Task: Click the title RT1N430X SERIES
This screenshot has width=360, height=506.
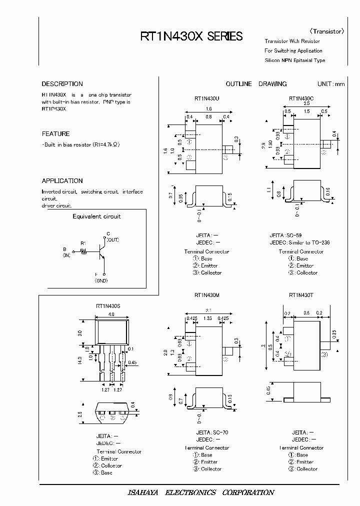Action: pyautogui.click(x=191, y=36)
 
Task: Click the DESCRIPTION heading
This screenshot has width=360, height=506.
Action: pyautogui.click(x=62, y=84)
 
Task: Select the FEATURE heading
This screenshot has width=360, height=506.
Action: pyautogui.click(x=55, y=134)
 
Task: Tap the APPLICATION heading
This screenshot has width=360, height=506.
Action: pyautogui.click(x=62, y=181)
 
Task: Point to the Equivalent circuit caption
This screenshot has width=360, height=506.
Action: pyautogui.click(x=96, y=216)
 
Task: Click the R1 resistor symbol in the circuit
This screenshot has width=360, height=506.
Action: pyautogui.click(x=84, y=252)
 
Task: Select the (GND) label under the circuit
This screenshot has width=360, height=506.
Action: pyautogui.click(x=102, y=281)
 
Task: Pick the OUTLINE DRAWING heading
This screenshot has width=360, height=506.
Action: pyautogui.click(x=256, y=84)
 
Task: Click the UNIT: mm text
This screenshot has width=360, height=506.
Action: pyautogui.click(x=330, y=84)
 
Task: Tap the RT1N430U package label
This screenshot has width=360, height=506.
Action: pyautogui.click(x=206, y=98)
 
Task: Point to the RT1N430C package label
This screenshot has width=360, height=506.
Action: pyautogui.click(x=301, y=98)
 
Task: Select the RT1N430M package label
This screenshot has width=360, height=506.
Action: pyautogui.click(x=206, y=295)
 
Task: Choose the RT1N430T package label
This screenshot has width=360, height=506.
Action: pyautogui.click(x=301, y=295)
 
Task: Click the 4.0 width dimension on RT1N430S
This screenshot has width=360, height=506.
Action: pyautogui.click(x=111, y=314)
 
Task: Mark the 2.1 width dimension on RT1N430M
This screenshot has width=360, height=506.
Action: pyautogui.click(x=207, y=310)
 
